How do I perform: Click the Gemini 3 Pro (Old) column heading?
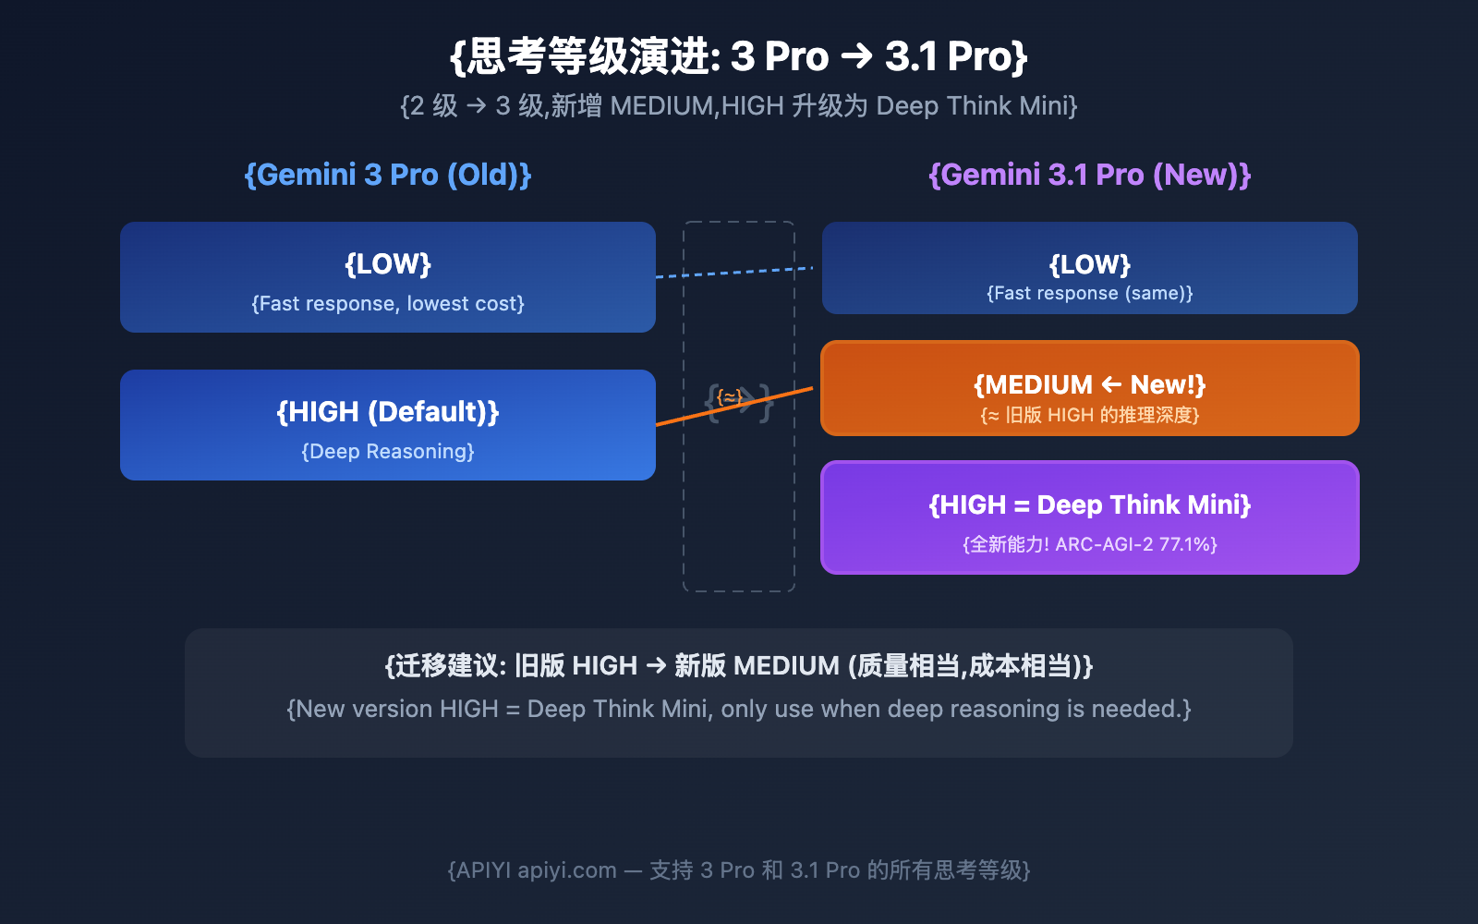(x=388, y=175)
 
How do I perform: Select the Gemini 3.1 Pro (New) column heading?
(x=1089, y=175)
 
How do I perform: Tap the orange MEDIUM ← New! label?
(x=1089, y=384)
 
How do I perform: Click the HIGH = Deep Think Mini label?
(x=1089, y=505)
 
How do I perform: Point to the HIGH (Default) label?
(x=388, y=411)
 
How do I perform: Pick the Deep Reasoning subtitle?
(x=388, y=451)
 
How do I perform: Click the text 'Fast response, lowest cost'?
(x=388, y=303)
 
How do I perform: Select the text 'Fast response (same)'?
(x=1089, y=293)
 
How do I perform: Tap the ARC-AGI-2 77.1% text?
(x=1135, y=544)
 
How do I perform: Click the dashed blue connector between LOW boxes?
(x=734, y=272)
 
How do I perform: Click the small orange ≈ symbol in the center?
(x=730, y=397)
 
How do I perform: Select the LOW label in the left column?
(x=388, y=264)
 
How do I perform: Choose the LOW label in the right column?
(x=1089, y=265)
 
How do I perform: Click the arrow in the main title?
(x=856, y=56)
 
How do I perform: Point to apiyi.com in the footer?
(x=566, y=870)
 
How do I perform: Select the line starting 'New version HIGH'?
(x=739, y=709)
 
